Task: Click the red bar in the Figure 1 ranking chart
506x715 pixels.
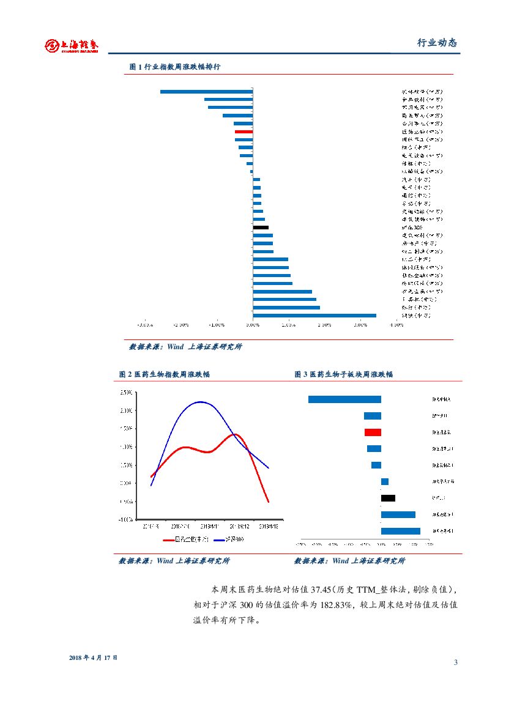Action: (244, 132)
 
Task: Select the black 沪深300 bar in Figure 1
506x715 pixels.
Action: (261, 228)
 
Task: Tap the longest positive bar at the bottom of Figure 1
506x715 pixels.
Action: (314, 316)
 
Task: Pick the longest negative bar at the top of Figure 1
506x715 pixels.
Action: (206, 92)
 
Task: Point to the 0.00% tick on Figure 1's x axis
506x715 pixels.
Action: (253, 325)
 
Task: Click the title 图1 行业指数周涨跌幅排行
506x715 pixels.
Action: (175, 67)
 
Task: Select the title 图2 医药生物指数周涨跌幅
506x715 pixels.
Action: (164, 374)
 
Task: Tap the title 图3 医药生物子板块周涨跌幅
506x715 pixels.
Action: (343, 374)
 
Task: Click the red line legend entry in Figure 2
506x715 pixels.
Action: (187, 539)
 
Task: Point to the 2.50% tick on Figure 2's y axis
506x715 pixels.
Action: (125, 392)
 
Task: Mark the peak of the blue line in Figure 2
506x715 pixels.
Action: (201, 402)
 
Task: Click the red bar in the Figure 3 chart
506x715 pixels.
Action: (373, 432)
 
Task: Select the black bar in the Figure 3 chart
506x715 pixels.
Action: (388, 498)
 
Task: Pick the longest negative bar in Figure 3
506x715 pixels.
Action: (344, 399)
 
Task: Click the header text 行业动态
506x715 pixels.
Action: (437, 43)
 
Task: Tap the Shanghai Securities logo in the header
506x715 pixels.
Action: (72, 45)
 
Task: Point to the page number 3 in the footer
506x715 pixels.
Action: (456, 662)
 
